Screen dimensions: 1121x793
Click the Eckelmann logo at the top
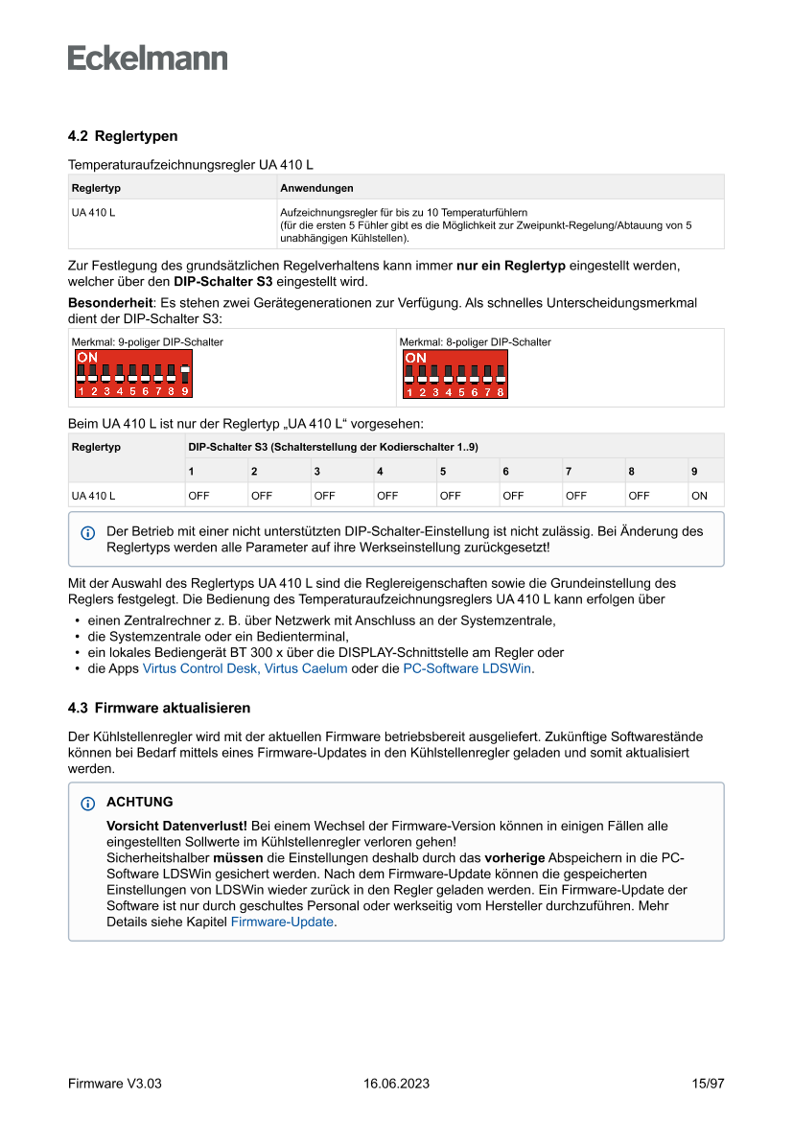pos(148,58)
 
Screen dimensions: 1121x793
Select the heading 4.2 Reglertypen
pos(123,137)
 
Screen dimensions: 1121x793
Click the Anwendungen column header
pos(316,188)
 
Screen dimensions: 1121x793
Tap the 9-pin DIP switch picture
pos(133,373)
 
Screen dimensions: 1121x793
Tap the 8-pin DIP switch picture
pos(455,374)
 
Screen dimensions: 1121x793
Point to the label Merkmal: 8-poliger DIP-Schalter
pos(475,342)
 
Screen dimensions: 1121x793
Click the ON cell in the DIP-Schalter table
pos(699,496)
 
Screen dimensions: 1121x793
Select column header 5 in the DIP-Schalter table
pos(443,471)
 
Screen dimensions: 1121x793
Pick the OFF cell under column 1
pos(198,496)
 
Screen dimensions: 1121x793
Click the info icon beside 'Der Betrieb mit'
pos(88,532)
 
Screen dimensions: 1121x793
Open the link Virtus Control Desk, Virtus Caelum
pos(245,669)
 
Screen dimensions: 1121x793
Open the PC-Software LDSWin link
pos(466,669)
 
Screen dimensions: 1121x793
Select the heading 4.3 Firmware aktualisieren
pos(159,709)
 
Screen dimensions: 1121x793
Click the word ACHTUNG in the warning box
pos(140,802)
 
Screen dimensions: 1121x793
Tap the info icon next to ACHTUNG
pos(88,803)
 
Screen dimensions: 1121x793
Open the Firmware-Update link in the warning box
pos(283,922)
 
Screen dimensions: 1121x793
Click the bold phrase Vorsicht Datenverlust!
pos(176,826)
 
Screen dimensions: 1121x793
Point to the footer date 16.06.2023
pos(396,1084)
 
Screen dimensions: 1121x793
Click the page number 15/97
pos(708,1084)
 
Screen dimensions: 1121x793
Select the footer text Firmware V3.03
pos(114,1084)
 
